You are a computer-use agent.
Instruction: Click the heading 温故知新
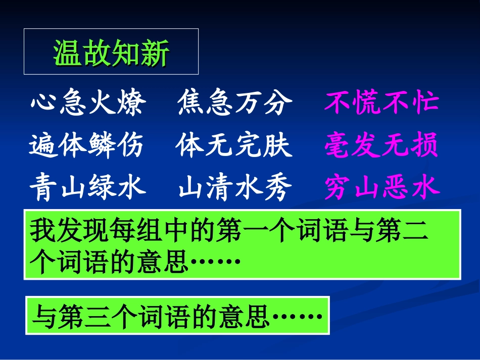pos(111,53)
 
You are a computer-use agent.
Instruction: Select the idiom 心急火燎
pos(88,104)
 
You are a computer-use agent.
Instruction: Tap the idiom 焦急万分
pos(235,104)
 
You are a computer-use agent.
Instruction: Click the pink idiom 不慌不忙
pos(381,104)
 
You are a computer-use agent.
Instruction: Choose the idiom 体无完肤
pos(234,146)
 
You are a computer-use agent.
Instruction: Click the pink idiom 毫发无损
pos(381,146)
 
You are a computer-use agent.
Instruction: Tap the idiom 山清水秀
pos(235,189)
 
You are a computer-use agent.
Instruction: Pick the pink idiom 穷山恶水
pos(382,188)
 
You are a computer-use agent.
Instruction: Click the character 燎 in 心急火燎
pos(132,104)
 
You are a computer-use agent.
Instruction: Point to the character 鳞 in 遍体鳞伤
pos(102,146)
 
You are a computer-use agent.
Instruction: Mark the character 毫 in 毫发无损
pos(338,146)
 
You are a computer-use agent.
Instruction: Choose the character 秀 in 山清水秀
pos(279,189)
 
